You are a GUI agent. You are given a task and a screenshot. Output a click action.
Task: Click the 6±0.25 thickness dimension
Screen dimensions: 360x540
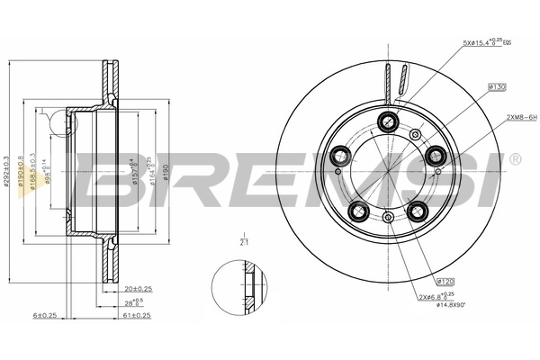coord(45,315)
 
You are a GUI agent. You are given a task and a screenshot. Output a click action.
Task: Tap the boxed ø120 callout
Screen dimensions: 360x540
coord(444,282)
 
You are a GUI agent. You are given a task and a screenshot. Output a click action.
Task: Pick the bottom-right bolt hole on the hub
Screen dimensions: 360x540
coord(417,210)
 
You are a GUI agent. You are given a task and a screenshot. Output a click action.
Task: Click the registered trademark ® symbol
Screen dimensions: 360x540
coord(514,158)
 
